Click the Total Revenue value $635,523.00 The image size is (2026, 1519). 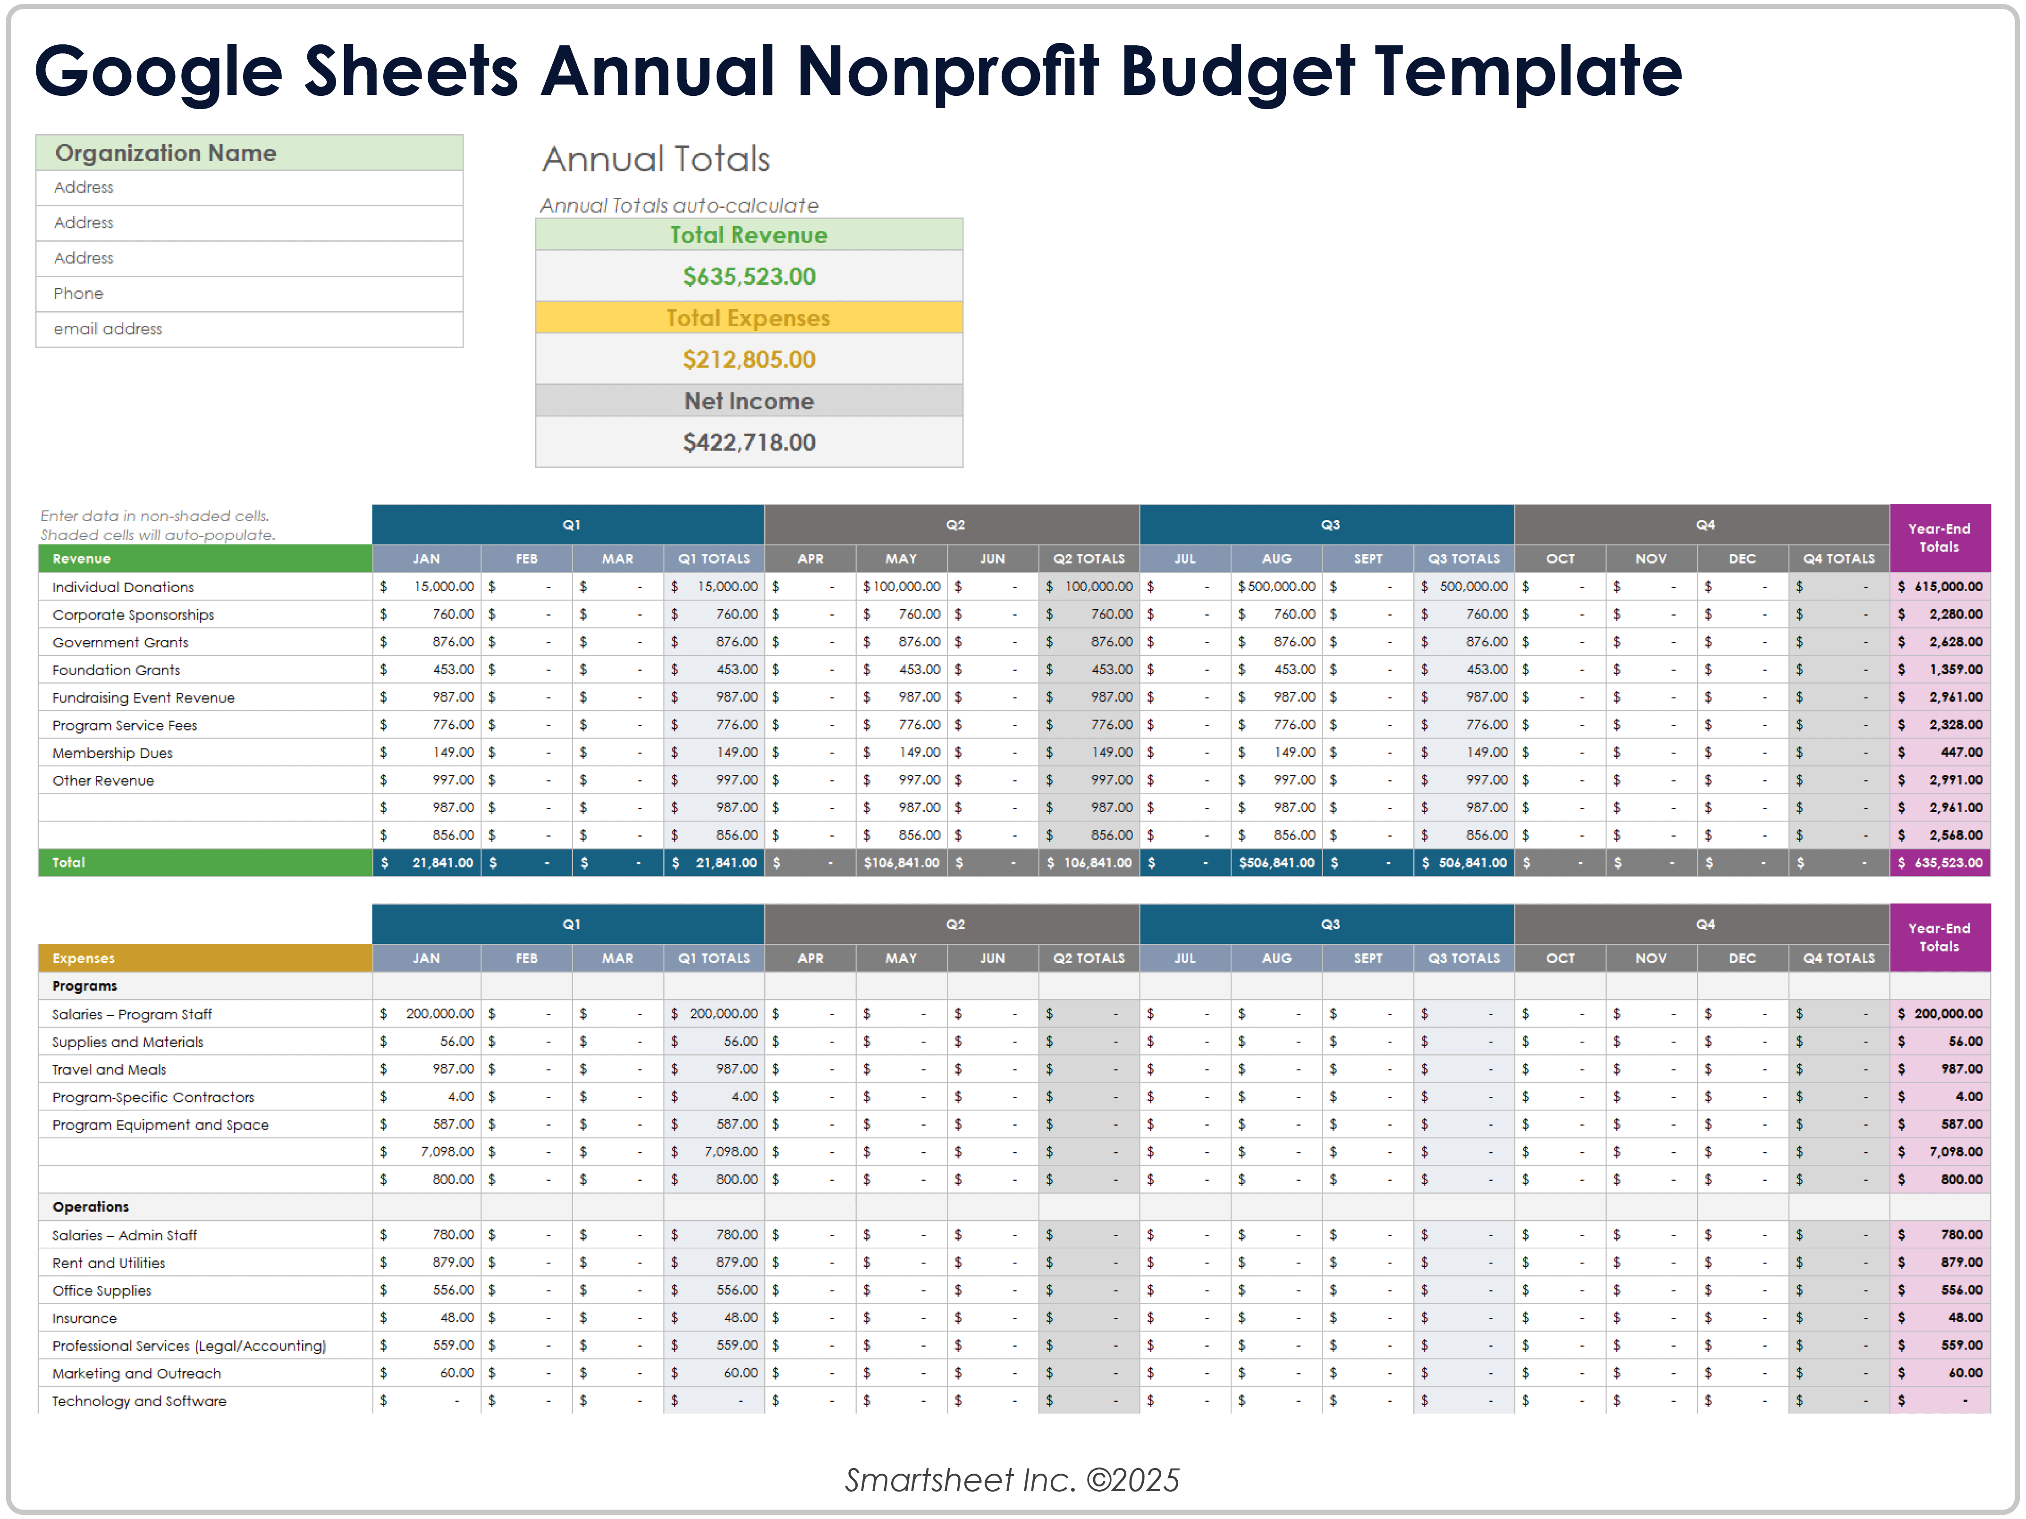coord(748,277)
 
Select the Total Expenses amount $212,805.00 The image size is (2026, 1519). coord(748,359)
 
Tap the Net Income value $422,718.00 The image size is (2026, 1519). coord(748,442)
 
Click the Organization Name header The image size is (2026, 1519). coord(166,153)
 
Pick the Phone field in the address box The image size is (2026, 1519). coord(79,293)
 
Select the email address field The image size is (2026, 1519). coord(108,329)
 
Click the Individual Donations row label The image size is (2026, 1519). coord(123,587)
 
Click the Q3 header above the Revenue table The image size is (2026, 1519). coord(1330,525)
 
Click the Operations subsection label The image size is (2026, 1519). coord(91,1206)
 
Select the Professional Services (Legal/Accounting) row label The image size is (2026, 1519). coord(189,1346)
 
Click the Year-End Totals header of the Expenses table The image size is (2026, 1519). coord(1939,937)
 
